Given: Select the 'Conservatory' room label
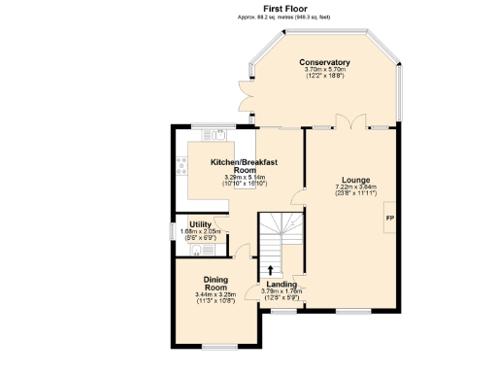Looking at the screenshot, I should point(324,63).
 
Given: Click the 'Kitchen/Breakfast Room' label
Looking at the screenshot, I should point(245,165).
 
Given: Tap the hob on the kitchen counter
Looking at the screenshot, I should point(181,165).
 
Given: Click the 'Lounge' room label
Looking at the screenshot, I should point(354,180).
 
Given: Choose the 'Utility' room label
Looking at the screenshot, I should point(201,224).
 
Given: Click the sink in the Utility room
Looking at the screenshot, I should point(196,250).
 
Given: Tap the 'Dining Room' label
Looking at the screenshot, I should point(215,284).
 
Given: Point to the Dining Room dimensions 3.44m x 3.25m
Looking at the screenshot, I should point(215,298).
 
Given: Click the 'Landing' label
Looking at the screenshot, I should point(282,284).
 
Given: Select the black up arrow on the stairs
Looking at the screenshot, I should point(270,269).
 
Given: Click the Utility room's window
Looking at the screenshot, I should point(172,231).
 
